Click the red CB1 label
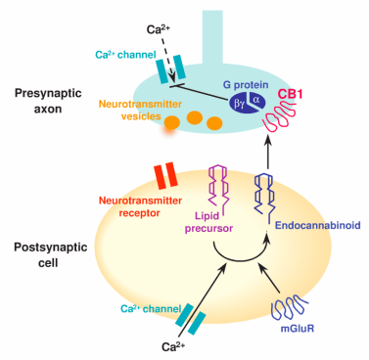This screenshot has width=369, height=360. coord(289,97)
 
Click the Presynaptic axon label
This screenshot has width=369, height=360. coord(43,102)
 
